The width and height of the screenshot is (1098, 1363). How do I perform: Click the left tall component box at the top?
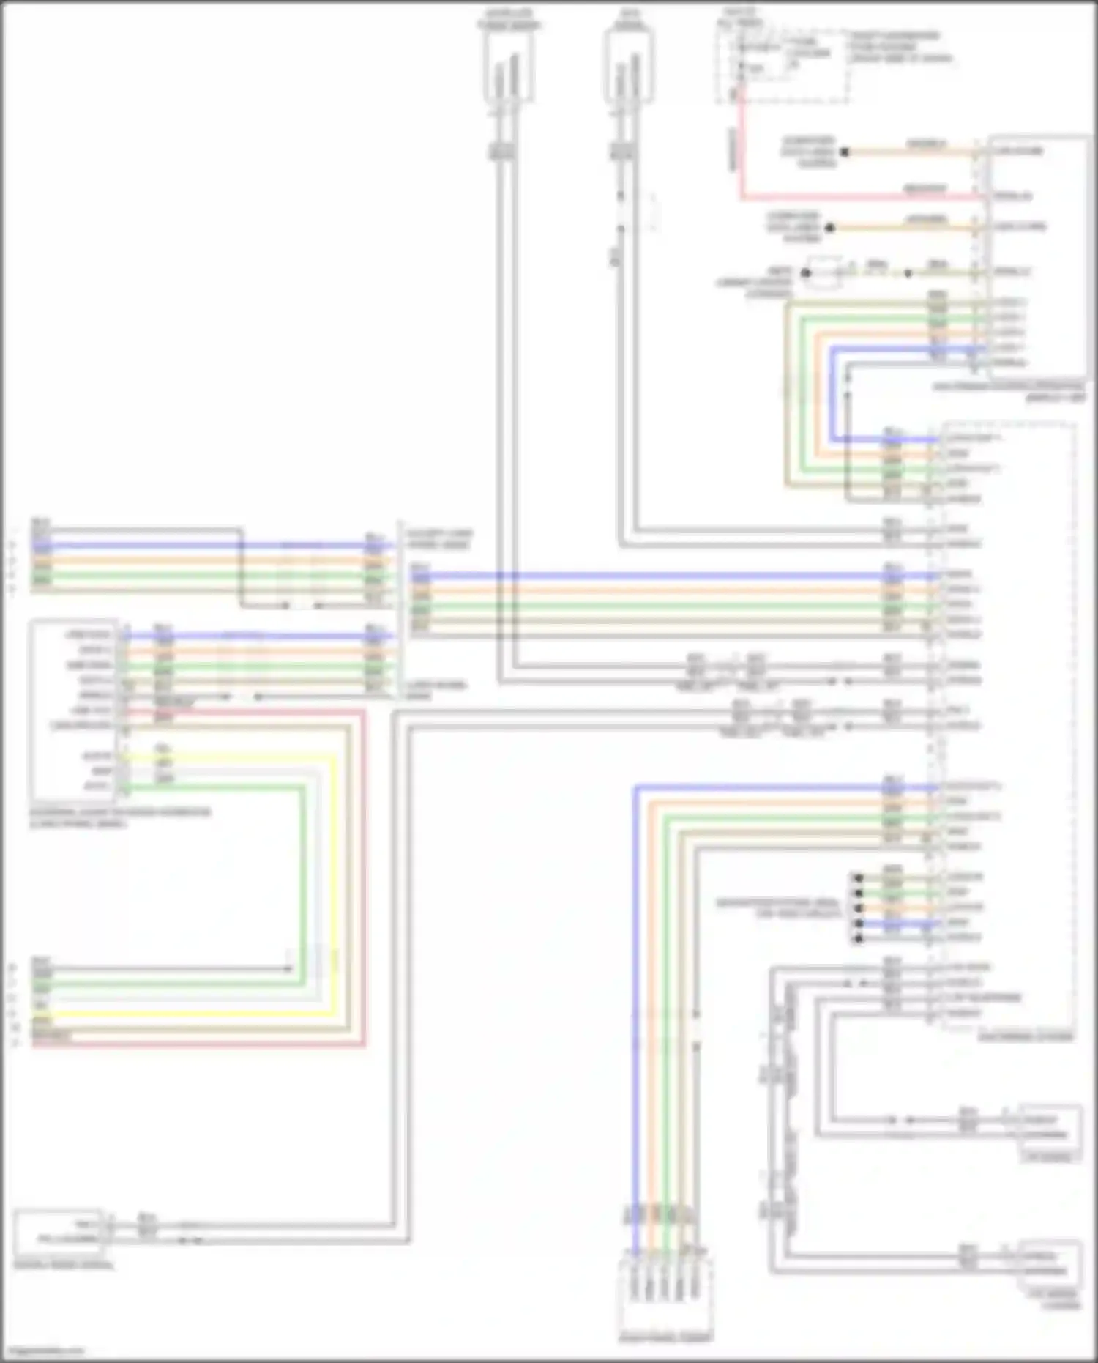point(508,67)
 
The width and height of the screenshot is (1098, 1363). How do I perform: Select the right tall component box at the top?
point(630,67)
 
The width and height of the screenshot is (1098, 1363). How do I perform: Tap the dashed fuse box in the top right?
point(783,66)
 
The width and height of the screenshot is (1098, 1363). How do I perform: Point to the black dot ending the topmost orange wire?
point(844,152)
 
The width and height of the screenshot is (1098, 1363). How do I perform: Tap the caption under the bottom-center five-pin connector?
point(665,1337)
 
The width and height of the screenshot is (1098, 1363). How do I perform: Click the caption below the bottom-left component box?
point(64,1265)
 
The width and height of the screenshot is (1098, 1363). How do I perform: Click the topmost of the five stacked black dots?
point(859,877)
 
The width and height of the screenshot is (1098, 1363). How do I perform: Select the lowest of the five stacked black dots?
point(859,938)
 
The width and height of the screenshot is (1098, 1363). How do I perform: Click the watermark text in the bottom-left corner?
point(44,1351)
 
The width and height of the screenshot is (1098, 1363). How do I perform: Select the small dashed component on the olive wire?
point(824,272)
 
